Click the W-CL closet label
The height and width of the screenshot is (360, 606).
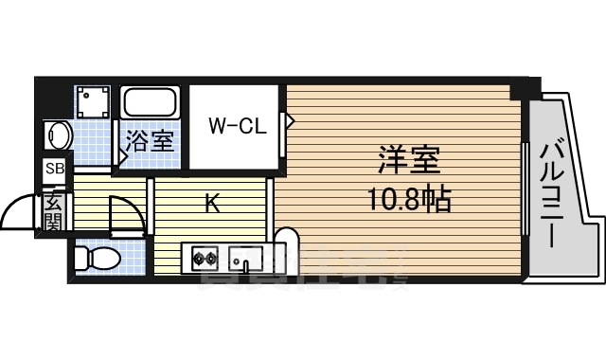tap(237, 124)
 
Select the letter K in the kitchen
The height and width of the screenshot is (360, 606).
tap(212, 202)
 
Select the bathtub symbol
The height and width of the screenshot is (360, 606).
tap(151, 102)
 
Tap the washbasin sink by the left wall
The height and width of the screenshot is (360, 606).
tap(59, 135)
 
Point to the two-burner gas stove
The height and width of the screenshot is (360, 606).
tap(205, 257)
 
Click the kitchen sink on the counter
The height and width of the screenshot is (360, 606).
tap(249, 257)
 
